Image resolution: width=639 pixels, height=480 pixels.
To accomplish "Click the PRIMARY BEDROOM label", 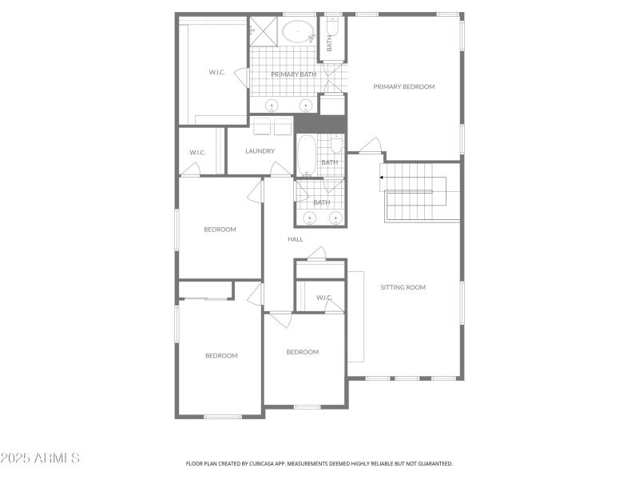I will (403, 86).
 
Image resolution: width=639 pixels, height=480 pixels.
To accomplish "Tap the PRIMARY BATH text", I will (293, 74).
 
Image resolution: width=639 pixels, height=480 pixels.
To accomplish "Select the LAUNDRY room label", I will (260, 150).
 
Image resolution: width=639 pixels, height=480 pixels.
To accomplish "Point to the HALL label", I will (295, 238).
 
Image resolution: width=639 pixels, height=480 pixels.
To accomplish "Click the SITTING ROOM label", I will (403, 286).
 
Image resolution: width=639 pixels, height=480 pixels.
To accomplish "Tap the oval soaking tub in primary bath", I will (298, 33).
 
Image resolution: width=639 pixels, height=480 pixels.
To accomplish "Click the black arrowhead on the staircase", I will (383, 178).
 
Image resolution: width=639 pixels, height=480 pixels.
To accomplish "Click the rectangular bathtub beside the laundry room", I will (306, 154).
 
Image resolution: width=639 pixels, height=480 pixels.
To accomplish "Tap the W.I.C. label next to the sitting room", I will (323, 298).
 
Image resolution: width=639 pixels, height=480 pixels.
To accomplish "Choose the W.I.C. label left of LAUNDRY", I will (197, 152).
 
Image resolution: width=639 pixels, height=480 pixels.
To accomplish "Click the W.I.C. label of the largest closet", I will (216, 72).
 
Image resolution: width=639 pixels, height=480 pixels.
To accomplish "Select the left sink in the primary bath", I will (272, 105).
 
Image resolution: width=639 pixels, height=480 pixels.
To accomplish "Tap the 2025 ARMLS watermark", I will (40, 458).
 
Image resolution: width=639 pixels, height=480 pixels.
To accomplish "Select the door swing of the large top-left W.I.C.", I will (240, 77).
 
